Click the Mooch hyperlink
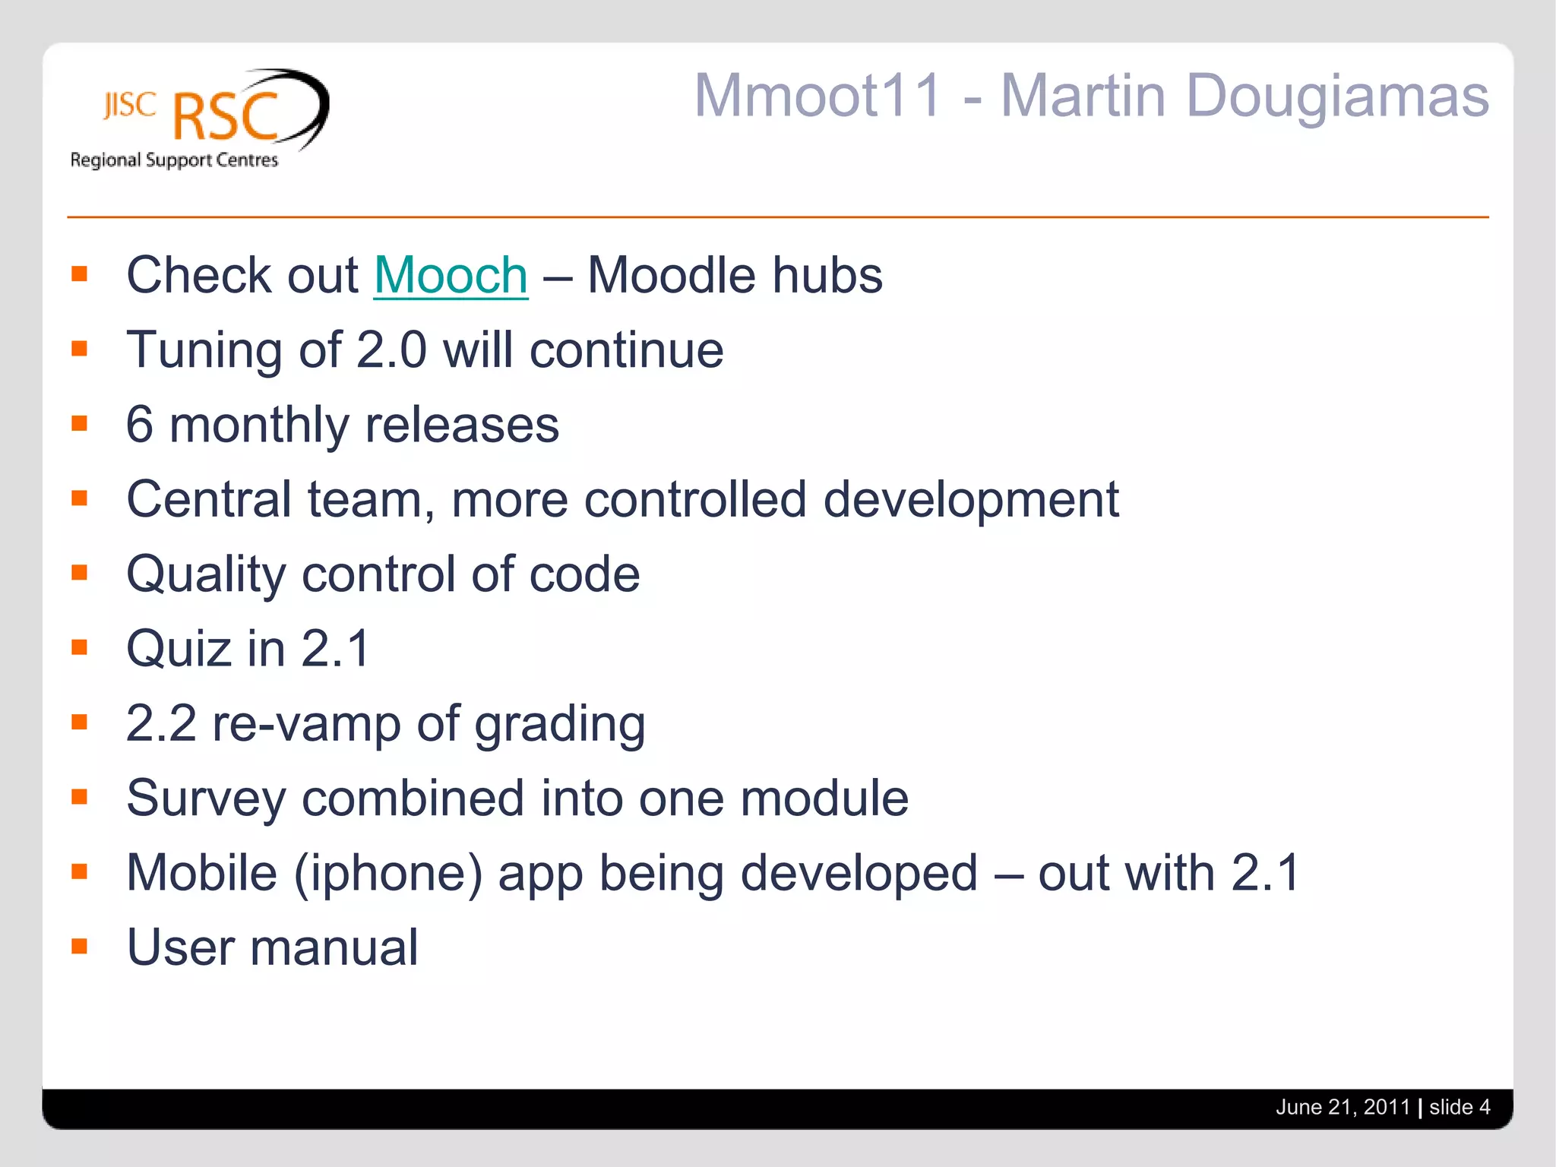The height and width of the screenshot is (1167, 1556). click(451, 275)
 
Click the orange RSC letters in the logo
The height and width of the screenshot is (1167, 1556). click(226, 118)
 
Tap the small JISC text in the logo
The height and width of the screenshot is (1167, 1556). click(130, 106)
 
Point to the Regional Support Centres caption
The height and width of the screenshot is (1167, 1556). click(174, 160)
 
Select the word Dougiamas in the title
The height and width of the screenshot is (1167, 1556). click(1336, 96)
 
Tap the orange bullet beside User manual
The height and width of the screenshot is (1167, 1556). click(80, 947)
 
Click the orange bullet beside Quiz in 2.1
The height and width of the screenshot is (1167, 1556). click(80, 647)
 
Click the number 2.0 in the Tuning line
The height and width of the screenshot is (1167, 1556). click(391, 350)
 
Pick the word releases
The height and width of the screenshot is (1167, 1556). click(462, 425)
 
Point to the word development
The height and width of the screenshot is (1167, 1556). click(971, 500)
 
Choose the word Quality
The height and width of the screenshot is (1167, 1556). click(206, 574)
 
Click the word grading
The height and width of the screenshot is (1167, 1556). click(560, 724)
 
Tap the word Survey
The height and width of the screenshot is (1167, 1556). click(206, 799)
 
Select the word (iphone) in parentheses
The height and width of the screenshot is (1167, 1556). click(388, 874)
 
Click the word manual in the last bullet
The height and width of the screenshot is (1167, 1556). click(334, 948)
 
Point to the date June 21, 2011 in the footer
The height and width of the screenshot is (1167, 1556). click(1343, 1107)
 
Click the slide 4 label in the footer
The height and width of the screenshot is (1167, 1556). click(1459, 1107)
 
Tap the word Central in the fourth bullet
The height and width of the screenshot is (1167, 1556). click(209, 500)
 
